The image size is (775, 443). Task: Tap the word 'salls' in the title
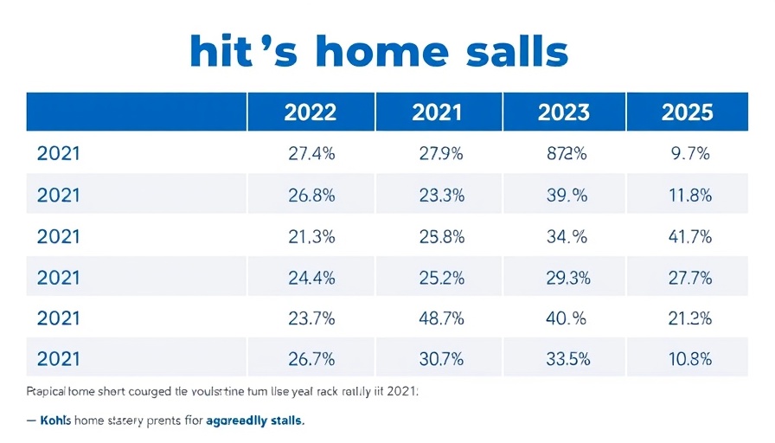click(515, 52)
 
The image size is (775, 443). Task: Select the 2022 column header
click(311, 112)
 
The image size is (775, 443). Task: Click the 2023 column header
click(564, 112)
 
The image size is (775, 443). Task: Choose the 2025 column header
click(688, 112)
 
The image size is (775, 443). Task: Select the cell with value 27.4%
click(311, 155)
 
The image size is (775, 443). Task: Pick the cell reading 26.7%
click(311, 359)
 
